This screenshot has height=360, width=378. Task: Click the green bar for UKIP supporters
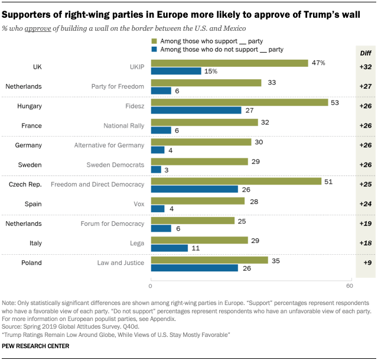click(230, 63)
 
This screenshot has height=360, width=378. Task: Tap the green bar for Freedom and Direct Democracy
click(236, 181)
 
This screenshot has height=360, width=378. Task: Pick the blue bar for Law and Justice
click(195, 268)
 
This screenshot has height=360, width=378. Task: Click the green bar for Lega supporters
click(200, 240)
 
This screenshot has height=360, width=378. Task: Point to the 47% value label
click(319, 62)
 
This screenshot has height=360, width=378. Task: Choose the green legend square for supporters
click(155, 41)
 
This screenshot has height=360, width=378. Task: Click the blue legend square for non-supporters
click(155, 50)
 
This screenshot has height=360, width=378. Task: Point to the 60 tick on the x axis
click(350, 287)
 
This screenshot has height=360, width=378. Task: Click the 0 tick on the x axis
click(151, 287)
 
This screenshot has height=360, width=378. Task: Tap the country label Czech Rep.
click(25, 184)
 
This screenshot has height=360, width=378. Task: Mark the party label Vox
click(137, 205)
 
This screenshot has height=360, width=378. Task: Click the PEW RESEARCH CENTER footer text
click(36, 346)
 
